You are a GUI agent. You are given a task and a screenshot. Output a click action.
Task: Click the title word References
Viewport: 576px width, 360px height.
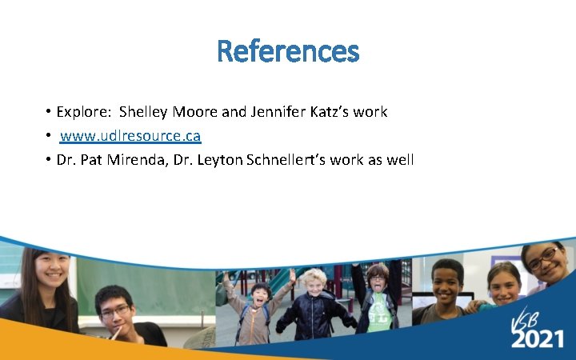coord(288,52)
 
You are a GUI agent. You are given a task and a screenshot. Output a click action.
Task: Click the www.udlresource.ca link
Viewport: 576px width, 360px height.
coord(130,136)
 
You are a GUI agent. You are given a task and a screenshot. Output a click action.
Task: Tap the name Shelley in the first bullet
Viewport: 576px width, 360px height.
coord(144,112)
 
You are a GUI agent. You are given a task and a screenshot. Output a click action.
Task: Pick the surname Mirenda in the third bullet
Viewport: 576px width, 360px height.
coord(144,160)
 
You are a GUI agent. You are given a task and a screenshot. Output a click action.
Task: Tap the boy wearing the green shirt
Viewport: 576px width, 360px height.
coord(377,300)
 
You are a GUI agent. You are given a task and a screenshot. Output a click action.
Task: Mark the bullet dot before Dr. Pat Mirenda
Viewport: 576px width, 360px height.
coord(50,160)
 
